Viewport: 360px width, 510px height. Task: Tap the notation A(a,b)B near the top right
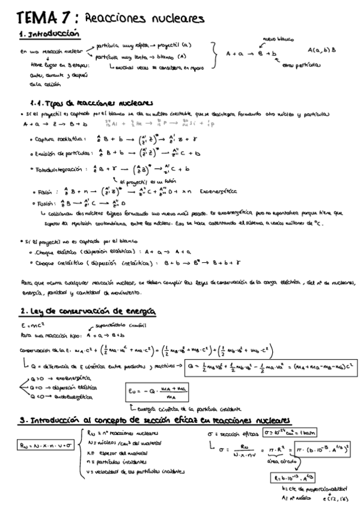(322, 51)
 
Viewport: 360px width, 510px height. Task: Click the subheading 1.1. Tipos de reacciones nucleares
(91, 103)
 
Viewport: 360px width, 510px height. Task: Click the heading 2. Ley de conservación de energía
(88, 311)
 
